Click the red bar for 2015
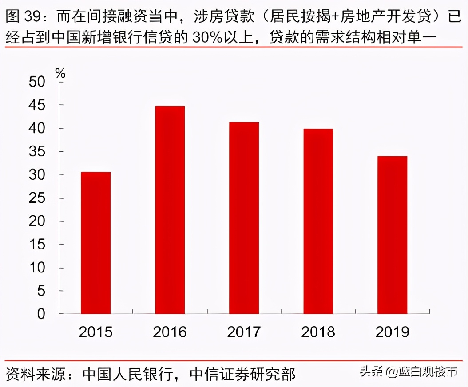pos(95,243)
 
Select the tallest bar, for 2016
pos(170,210)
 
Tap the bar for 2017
pos(244,218)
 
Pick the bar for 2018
pos(318,221)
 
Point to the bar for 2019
pos(392,235)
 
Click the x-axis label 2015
pos(95,332)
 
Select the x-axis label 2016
pos(170,332)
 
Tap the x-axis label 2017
pos(244,332)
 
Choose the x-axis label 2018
pos(318,332)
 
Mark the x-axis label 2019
pos(392,332)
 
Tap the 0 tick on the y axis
pos(41,314)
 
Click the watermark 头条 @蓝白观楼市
pos(409,371)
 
